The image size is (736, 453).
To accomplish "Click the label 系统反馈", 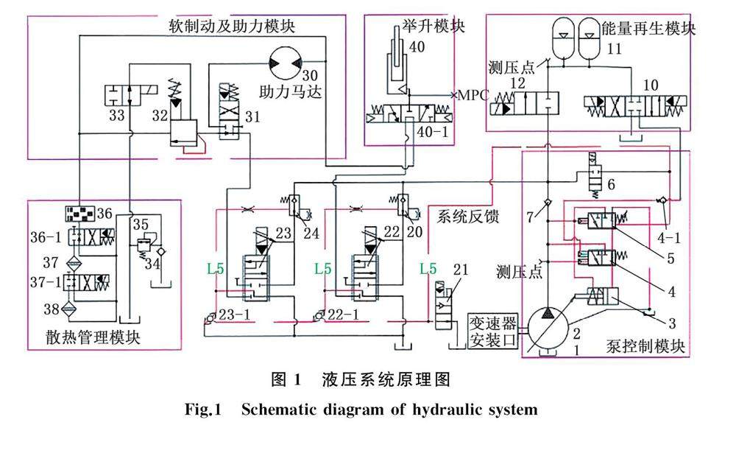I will coord(468,217).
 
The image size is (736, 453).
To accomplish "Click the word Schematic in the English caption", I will coord(287,410).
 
